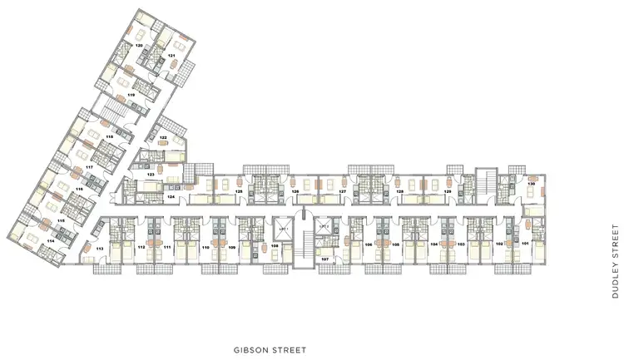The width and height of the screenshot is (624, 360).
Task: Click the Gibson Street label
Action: (x=271, y=351)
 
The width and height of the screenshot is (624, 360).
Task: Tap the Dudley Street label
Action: (x=616, y=260)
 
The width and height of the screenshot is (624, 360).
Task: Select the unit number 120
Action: (x=140, y=44)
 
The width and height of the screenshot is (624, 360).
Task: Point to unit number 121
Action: (x=171, y=56)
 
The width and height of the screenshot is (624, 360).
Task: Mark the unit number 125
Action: (x=239, y=192)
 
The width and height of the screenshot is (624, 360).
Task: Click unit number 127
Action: (x=342, y=192)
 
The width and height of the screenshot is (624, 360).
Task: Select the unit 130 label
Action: (x=531, y=185)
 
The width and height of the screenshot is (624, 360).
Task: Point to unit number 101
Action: (x=525, y=244)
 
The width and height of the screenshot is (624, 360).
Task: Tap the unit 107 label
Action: (x=324, y=260)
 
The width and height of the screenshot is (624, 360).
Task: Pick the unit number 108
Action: (x=274, y=246)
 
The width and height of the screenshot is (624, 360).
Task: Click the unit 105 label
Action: (x=396, y=245)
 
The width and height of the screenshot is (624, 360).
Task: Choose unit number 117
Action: (x=90, y=166)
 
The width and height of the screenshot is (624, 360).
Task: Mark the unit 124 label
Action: (x=171, y=197)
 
